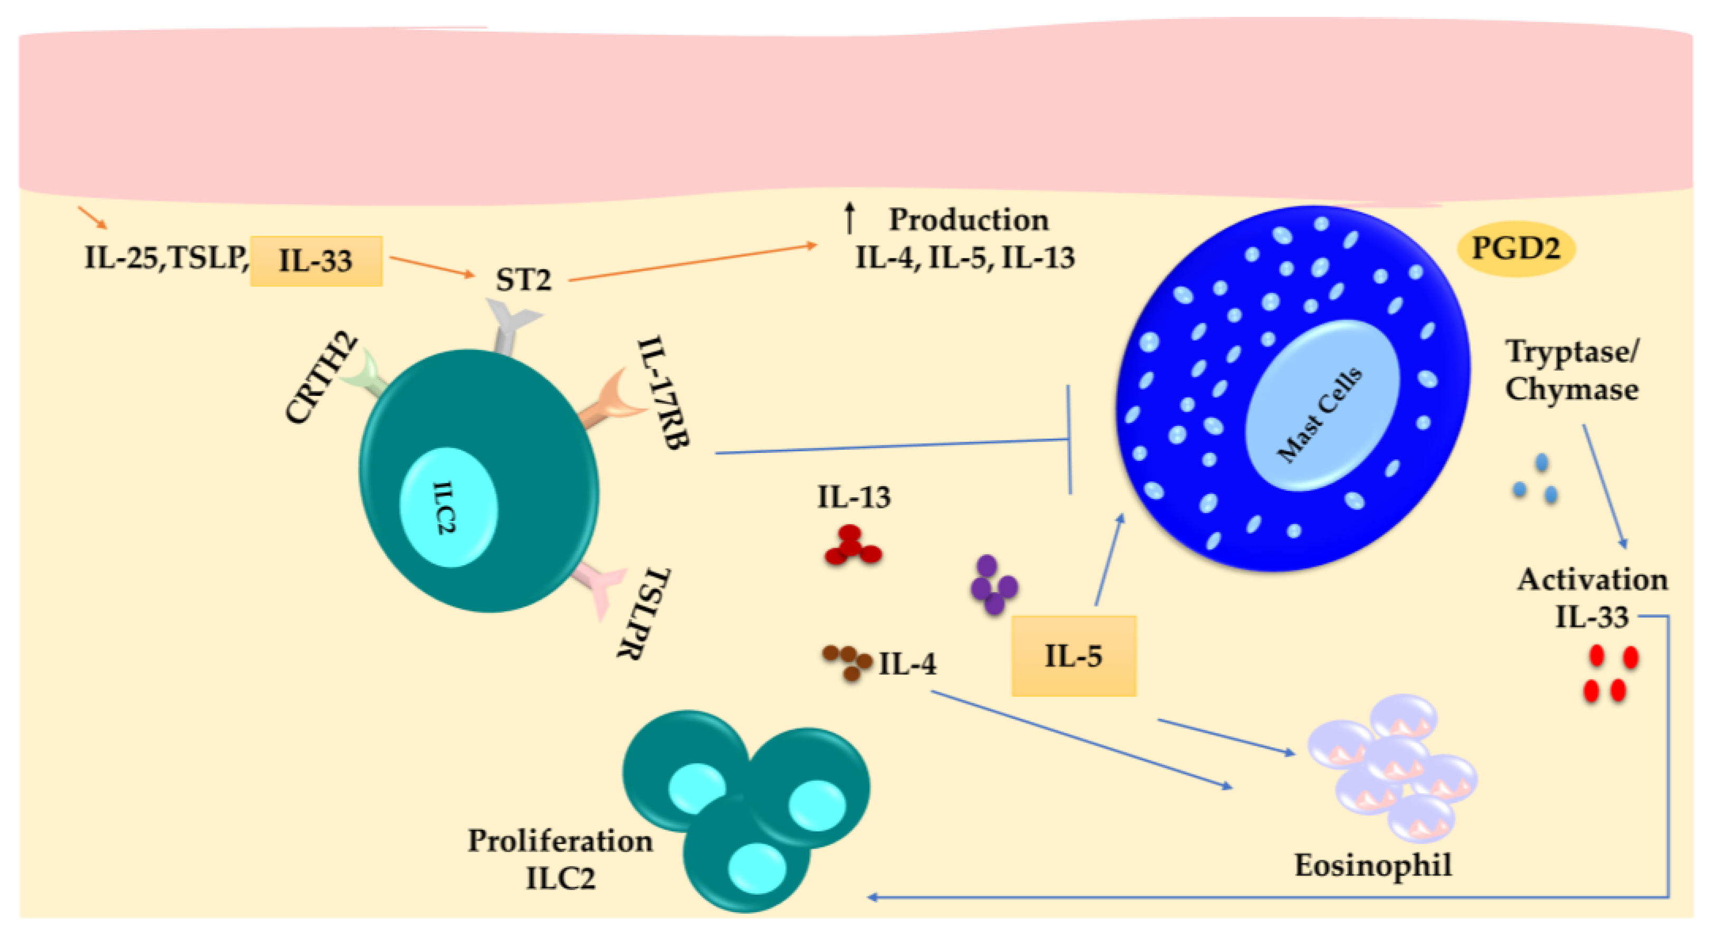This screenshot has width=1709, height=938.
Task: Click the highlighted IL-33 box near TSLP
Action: pyautogui.click(x=316, y=260)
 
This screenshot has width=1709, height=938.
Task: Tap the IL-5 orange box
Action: pyautogui.click(x=1073, y=656)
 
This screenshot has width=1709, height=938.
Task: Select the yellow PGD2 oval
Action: pyautogui.click(x=1516, y=249)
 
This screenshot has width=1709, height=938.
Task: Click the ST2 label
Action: pyautogui.click(x=523, y=280)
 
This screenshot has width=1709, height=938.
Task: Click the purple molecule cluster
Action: pyautogui.click(x=993, y=584)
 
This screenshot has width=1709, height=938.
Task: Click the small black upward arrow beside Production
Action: pyautogui.click(x=849, y=218)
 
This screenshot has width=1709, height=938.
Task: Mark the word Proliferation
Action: pyautogui.click(x=560, y=841)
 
